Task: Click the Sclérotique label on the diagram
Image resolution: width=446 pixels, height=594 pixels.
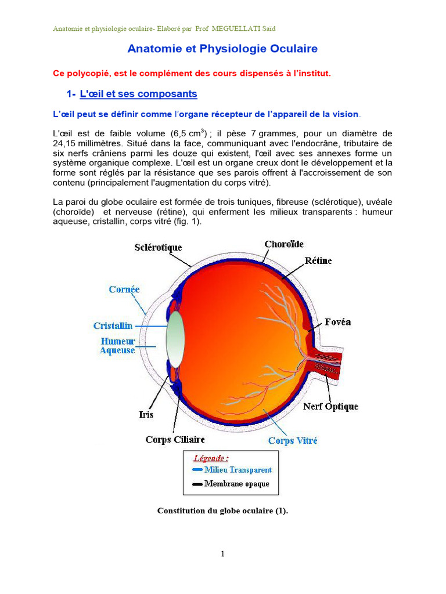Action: point(158,247)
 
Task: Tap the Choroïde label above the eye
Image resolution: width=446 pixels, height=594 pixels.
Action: point(284,244)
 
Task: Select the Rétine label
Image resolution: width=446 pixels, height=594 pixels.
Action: point(318,260)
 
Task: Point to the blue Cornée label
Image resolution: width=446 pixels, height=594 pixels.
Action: point(124,289)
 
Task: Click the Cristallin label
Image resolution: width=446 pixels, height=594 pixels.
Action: point(113,326)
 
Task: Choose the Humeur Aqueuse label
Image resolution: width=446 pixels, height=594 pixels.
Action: point(118,346)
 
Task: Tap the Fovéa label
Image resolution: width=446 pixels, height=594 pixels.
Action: point(338,322)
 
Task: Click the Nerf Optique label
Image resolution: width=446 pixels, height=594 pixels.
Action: point(330,407)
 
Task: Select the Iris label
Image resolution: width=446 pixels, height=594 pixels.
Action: point(146,415)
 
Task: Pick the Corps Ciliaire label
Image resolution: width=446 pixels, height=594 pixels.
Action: point(175,440)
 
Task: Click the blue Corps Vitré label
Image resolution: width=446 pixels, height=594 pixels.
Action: point(293,441)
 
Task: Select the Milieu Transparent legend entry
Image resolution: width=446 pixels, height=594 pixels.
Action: point(238,470)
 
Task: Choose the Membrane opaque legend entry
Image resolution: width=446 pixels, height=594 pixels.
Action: point(236,484)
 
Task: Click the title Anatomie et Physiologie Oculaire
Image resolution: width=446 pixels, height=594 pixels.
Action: point(222,49)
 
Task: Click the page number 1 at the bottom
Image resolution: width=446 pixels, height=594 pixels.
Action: point(222,554)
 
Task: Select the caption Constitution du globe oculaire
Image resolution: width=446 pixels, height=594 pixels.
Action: point(222,511)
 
